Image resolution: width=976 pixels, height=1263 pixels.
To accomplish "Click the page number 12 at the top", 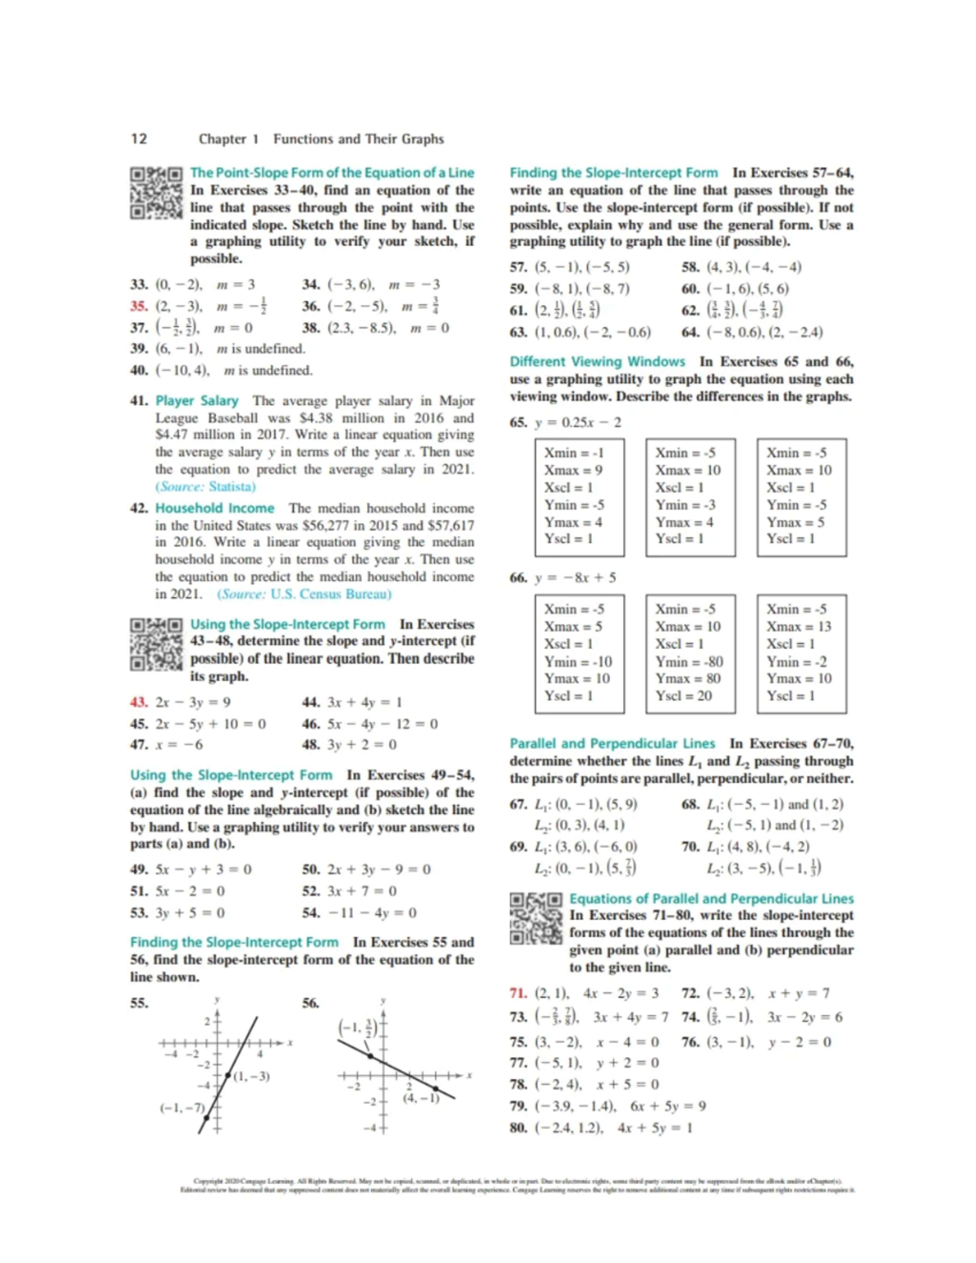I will (139, 138).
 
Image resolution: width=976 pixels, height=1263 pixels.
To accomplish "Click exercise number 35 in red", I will (138, 307).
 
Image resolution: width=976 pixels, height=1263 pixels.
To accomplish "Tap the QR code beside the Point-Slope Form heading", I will (155, 192).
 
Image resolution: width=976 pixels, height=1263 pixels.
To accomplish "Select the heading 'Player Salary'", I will (197, 401).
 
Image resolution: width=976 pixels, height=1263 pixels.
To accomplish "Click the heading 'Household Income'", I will (215, 508).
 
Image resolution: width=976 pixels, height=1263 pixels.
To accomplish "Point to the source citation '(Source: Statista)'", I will (205, 486).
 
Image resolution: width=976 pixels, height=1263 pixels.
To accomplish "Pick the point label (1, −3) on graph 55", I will (251, 1077).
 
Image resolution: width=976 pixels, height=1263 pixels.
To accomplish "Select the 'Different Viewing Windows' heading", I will (597, 362).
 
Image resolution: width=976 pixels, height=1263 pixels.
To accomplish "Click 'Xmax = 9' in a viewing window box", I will (573, 470).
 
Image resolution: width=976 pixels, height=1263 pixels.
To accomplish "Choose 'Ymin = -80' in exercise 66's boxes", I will (689, 662).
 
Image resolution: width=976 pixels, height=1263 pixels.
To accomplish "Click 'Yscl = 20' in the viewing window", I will (683, 696).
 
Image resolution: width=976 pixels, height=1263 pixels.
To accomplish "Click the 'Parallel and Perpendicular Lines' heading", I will (612, 743).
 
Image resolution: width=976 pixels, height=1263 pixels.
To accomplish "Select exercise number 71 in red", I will (518, 993).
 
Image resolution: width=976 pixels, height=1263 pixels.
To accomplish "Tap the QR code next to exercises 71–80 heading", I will (535, 918).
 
